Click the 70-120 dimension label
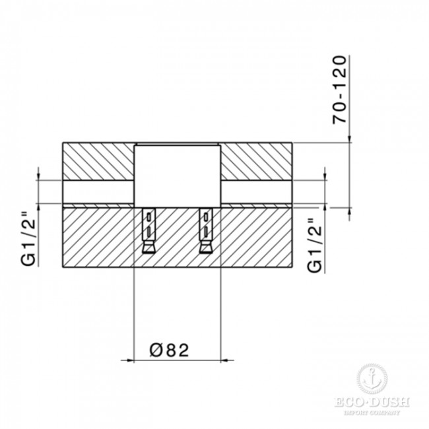point(339,90)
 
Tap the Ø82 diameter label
point(170,350)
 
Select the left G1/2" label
point(28,238)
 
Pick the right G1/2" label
point(315,245)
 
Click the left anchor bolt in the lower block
point(148,230)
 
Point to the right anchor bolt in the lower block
point(206,230)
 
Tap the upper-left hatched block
point(98,162)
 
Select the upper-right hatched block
point(256,162)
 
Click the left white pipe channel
point(98,192)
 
